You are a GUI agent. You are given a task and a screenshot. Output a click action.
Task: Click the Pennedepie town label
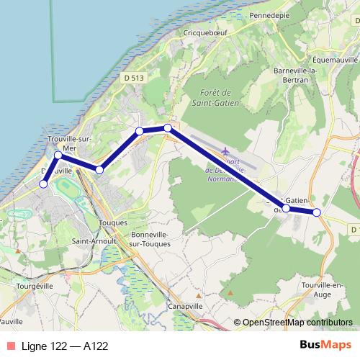268,14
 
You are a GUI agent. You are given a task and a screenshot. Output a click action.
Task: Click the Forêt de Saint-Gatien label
215,98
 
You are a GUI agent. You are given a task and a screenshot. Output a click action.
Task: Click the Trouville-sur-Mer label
66,142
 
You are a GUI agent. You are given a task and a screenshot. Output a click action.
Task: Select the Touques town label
112,223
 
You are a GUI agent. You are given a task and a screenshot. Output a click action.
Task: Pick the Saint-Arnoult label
91,243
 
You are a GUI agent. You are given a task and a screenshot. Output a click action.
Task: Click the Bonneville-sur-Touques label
150,240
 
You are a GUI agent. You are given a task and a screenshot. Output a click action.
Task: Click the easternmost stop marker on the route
316,212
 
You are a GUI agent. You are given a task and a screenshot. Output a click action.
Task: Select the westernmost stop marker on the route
43,184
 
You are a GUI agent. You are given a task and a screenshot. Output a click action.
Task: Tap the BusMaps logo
325,346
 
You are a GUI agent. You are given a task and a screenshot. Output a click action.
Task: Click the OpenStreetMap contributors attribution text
297,323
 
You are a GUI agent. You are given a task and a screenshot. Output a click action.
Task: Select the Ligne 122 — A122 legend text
65,346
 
